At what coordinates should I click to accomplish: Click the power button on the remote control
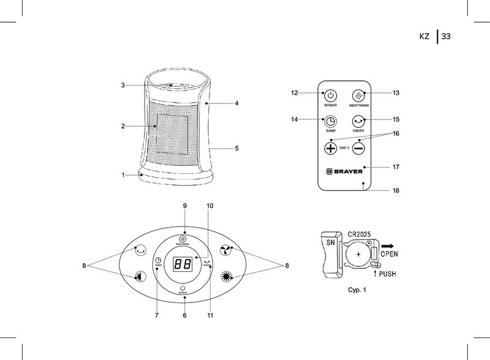(x=330, y=96)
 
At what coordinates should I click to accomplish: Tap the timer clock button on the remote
(x=330, y=121)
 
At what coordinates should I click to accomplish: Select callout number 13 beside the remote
(x=396, y=93)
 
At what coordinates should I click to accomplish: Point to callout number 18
(x=396, y=191)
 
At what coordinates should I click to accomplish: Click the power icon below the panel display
(x=184, y=288)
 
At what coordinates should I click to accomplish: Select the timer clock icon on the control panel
(x=158, y=261)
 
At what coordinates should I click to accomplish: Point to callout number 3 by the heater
(x=123, y=85)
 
